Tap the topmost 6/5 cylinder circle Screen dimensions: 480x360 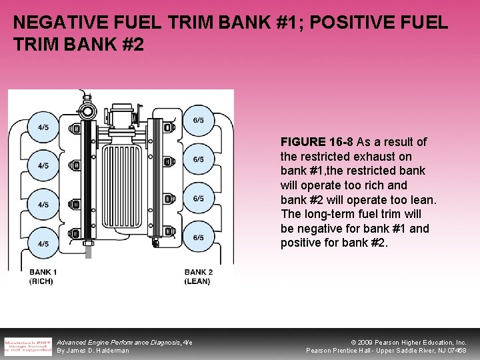(199, 121)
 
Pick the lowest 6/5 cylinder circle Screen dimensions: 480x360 (199, 237)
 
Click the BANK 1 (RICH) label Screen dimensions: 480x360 (43, 277)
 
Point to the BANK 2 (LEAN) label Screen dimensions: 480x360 (198, 277)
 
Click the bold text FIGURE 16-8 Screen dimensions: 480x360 (317, 142)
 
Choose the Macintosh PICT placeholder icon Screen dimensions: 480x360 (28, 346)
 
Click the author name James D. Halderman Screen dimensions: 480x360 (100, 351)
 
